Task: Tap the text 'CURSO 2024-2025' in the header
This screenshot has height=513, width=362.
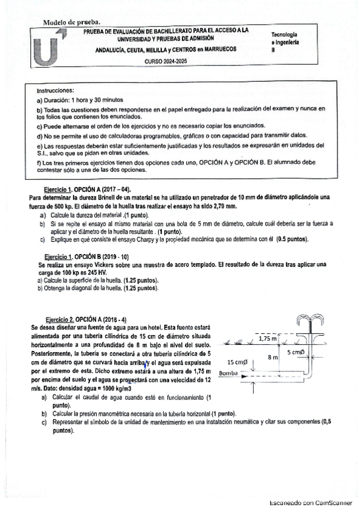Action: point(166,62)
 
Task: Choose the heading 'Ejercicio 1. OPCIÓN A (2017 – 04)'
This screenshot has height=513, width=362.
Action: point(88,189)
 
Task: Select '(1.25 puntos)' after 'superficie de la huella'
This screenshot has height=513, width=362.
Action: point(141,281)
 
